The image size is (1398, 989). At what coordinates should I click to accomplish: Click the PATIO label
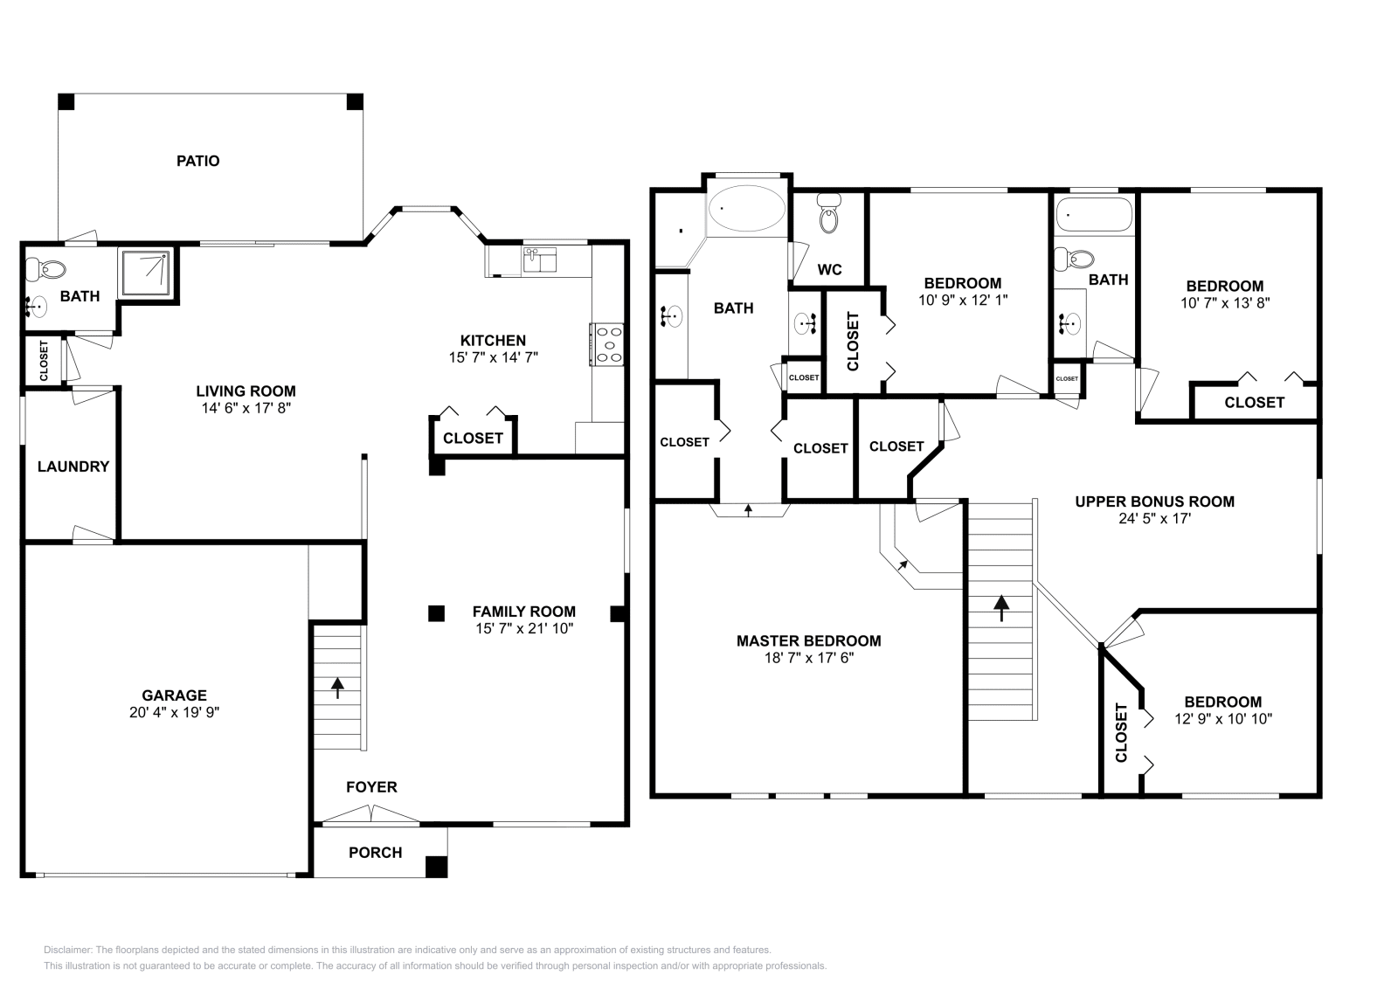pyautogui.click(x=197, y=161)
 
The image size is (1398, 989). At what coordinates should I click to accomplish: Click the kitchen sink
pyautogui.click(x=539, y=259)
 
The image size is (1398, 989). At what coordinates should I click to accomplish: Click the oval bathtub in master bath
pyautogui.click(x=747, y=209)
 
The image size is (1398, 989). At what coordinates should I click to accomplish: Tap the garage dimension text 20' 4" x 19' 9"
pyautogui.click(x=174, y=712)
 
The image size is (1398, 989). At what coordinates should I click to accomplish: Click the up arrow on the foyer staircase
pyautogui.click(x=337, y=687)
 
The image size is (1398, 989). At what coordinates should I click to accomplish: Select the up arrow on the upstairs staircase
pyautogui.click(x=1001, y=607)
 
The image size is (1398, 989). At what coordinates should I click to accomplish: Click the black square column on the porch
pyautogui.click(x=436, y=867)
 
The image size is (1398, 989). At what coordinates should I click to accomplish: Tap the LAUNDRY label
pyautogui.click(x=73, y=467)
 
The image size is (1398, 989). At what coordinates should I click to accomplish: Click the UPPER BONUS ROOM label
pyautogui.click(x=1154, y=501)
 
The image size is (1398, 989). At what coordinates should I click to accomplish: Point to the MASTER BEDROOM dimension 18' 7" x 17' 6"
pyautogui.click(x=808, y=658)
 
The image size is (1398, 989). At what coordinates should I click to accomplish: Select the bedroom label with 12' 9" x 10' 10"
pyautogui.click(x=1222, y=702)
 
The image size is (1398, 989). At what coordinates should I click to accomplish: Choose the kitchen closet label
pyautogui.click(x=473, y=439)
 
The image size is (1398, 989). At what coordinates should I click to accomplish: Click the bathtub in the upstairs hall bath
pyautogui.click(x=1094, y=214)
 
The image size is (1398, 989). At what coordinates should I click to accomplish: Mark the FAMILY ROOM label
pyautogui.click(x=523, y=612)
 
